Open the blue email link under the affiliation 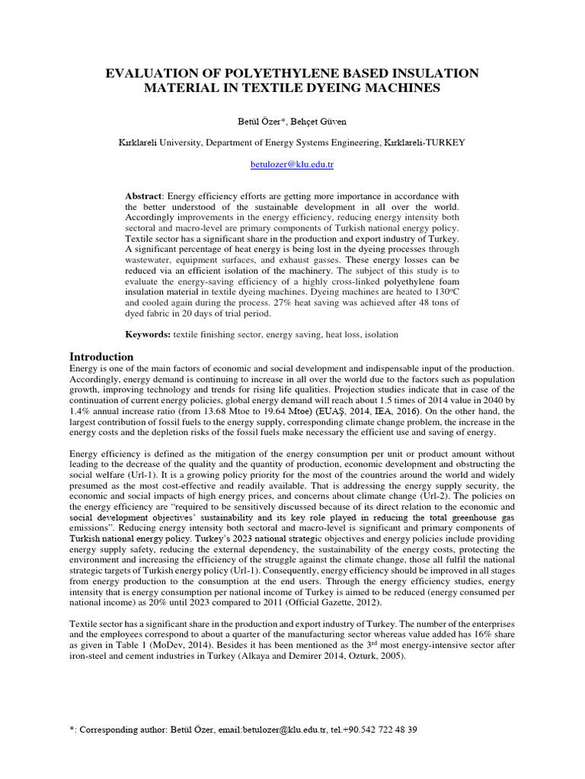click(292, 164)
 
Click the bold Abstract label click(144, 196)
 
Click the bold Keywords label click(148, 335)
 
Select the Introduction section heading click(102, 357)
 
